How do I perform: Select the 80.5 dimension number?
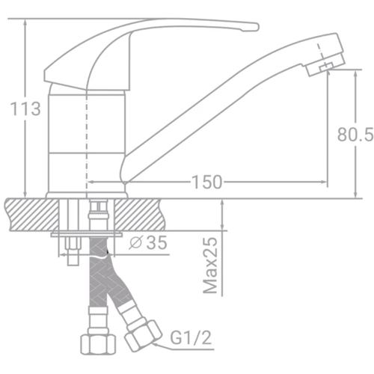(355, 135)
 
